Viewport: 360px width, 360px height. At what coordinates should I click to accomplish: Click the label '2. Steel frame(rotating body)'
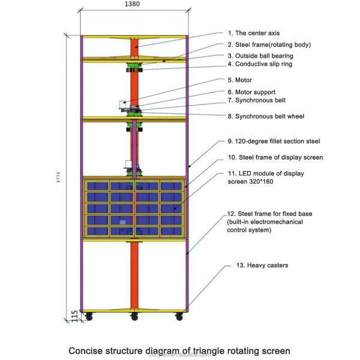[269, 44]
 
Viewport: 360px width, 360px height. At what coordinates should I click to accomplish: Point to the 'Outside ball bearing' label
[260, 55]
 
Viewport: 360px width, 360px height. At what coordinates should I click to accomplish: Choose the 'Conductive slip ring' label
[260, 64]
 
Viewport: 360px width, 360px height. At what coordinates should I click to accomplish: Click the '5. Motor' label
[239, 80]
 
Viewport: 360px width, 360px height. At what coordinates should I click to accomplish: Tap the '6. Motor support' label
[253, 92]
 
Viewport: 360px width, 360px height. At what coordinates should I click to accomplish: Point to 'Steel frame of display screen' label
[275, 157]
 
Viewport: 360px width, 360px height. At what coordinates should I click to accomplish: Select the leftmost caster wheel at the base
[89, 316]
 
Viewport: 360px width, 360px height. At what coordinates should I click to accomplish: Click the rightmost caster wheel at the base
[179, 316]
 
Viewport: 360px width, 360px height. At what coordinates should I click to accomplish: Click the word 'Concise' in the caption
[86, 350]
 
